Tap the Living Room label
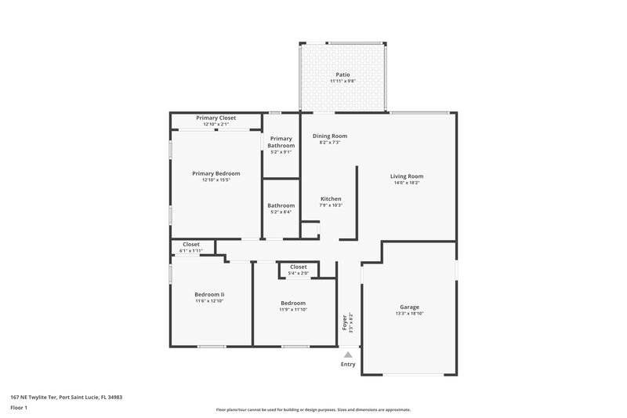coord(407,176)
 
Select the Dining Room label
coord(329,136)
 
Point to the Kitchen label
coord(331,198)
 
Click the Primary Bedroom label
coord(216,173)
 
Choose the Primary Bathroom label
coord(281,143)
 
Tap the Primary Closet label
coord(216,118)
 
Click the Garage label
coord(410,307)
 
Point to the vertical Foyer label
coord(343,322)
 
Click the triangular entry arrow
coord(348,355)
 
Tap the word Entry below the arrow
coord(348,365)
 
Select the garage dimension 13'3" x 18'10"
coord(410,314)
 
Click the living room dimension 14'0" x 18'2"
coord(407,184)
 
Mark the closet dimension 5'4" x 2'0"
coord(298,273)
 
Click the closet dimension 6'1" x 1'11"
coord(191,250)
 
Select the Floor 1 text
coord(20,409)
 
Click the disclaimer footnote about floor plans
coord(313,409)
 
